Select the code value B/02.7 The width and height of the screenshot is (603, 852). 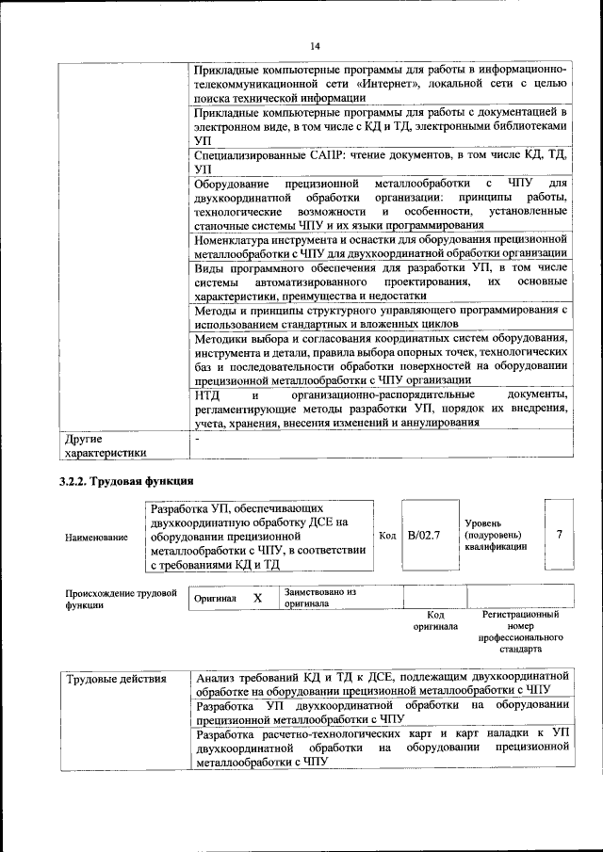(424, 535)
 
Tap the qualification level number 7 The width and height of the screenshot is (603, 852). (559, 535)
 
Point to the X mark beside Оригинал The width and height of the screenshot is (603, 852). (257, 598)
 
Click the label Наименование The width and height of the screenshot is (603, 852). (97, 537)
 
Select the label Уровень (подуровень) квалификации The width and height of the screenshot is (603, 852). (496, 535)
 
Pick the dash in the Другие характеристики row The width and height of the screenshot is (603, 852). (197, 439)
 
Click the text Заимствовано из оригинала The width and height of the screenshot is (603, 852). (319, 598)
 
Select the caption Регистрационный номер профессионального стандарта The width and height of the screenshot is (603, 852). (519, 632)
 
